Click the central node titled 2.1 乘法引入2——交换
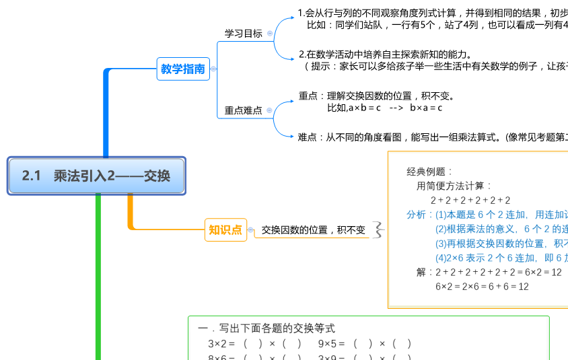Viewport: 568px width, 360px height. [x=96, y=176]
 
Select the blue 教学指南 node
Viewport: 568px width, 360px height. [x=183, y=69]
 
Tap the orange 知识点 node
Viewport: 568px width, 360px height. [x=225, y=230]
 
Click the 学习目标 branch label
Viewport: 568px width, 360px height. [x=244, y=33]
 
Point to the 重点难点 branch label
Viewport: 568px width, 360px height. [x=244, y=110]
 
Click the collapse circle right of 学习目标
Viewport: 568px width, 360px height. [x=270, y=33]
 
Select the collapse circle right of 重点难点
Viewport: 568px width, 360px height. [x=270, y=110]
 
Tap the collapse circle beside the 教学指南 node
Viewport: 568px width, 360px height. [x=214, y=69]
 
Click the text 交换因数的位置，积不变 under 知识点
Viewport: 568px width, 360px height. [x=314, y=230]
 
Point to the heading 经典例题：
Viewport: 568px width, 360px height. [x=431, y=172]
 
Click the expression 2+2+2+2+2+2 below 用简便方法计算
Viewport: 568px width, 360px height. [x=470, y=201]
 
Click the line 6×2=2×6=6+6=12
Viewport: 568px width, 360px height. [x=482, y=287]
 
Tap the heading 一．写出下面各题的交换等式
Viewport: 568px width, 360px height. [x=267, y=328]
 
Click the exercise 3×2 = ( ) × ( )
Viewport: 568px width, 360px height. [x=254, y=344]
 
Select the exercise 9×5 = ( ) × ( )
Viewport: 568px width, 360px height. [x=365, y=344]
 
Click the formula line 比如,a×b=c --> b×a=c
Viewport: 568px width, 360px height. [x=384, y=108]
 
